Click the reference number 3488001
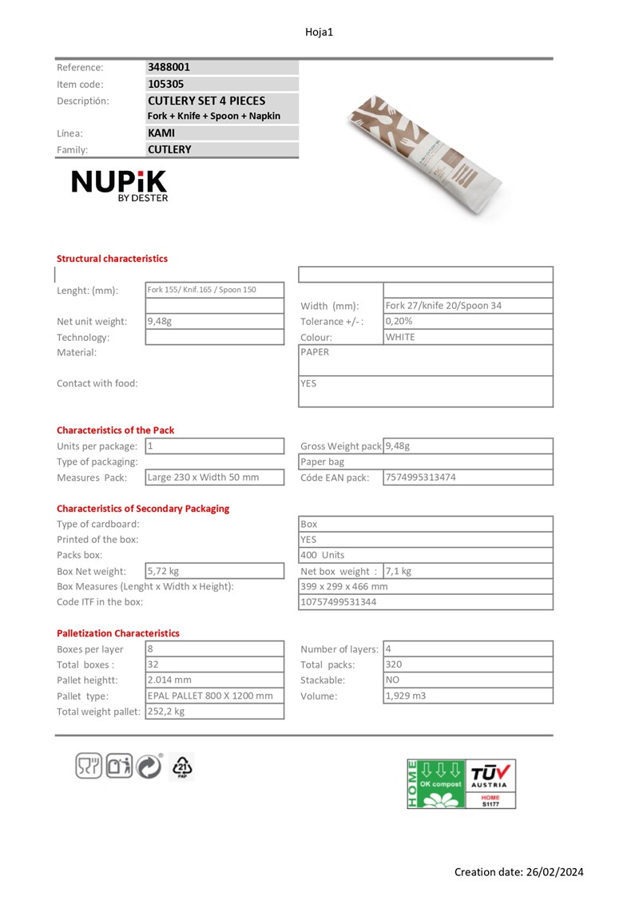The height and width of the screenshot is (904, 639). click(169, 68)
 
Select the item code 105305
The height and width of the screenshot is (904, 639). click(165, 84)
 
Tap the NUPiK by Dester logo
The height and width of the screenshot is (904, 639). click(120, 185)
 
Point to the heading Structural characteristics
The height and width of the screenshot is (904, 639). click(112, 259)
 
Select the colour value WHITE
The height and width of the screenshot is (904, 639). click(400, 337)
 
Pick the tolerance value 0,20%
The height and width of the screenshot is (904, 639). click(399, 321)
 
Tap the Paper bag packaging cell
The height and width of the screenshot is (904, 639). click(323, 462)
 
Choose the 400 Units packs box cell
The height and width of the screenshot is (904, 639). click(323, 555)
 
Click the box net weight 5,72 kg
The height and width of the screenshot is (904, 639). click(163, 571)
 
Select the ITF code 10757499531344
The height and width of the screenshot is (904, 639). click(338, 602)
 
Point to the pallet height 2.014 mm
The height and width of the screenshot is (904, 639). click(169, 680)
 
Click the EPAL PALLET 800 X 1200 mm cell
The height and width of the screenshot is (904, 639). click(210, 696)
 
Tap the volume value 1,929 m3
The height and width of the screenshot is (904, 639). click(406, 696)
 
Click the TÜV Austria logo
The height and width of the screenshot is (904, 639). click(491, 783)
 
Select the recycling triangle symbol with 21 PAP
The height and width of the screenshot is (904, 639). click(183, 767)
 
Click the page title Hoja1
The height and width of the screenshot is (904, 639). click(319, 32)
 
